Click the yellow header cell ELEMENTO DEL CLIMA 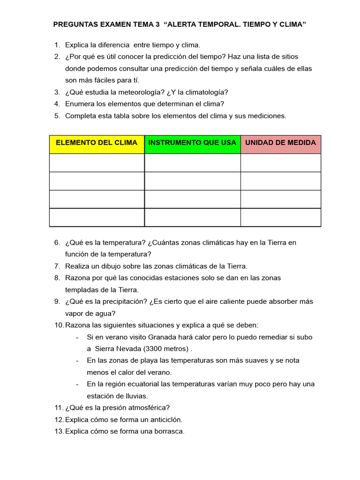[x=97, y=143]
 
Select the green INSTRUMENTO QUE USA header [x=192, y=143]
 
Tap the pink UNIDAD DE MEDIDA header [x=281, y=143]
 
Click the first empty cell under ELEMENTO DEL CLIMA [x=97, y=163]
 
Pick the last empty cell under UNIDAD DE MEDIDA [x=281, y=217]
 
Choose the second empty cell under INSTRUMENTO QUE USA [x=192, y=181]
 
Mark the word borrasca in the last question [x=168, y=431]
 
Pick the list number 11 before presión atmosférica [x=58, y=408]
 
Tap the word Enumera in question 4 [x=79, y=104]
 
